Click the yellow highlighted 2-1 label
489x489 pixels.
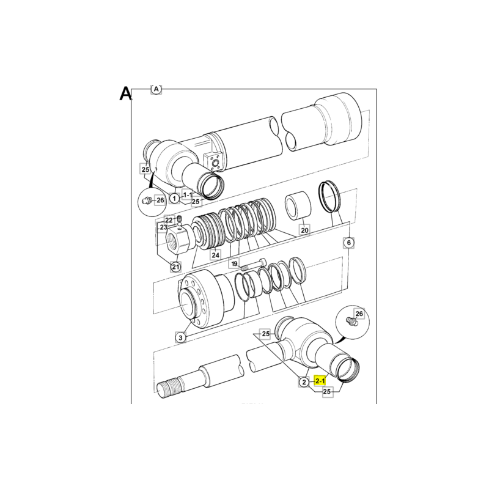point(320,381)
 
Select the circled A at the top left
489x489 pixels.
point(156,89)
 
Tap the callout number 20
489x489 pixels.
point(304,230)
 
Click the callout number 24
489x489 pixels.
point(216,255)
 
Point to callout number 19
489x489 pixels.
point(235,263)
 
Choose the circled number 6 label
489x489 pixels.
point(348,242)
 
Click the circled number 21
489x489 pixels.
point(176,267)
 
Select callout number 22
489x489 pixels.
point(169,220)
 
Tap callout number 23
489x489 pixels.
point(164,227)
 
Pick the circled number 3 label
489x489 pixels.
point(180,337)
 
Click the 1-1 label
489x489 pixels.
point(188,195)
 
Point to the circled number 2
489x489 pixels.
point(304,381)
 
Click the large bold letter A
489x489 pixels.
point(125,94)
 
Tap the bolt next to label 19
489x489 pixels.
point(254,265)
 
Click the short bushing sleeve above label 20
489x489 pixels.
point(298,205)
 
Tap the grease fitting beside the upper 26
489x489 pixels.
point(146,200)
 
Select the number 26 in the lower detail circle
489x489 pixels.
point(359,314)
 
